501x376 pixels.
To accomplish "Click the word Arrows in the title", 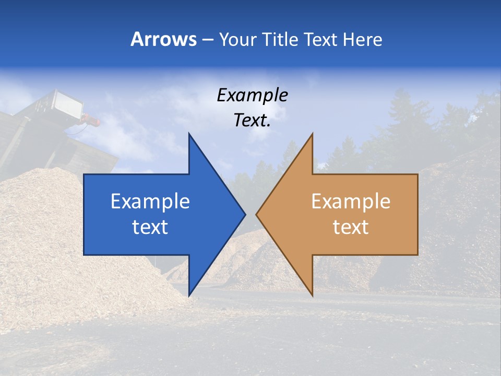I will pos(164,39).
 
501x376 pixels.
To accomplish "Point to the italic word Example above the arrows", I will pos(252,95).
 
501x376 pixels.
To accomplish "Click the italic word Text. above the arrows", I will pos(252,120).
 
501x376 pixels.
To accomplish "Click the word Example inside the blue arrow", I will pos(150,202).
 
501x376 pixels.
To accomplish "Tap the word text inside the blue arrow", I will pos(150,227).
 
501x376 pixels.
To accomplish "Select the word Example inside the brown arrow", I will pos(351,202).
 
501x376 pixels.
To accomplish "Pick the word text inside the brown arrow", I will pos(351,227).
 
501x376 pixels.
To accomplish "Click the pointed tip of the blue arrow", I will pos(245,214).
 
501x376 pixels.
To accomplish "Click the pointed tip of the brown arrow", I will pos(257,214).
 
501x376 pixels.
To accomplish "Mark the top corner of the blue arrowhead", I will pos(189,134).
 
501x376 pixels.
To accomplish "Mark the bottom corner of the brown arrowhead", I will pos(313,296).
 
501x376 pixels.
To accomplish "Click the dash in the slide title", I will pos(207,40).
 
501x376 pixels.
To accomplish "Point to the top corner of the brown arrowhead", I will pos(313,134).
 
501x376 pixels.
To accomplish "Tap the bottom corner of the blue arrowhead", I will pos(189,296).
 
